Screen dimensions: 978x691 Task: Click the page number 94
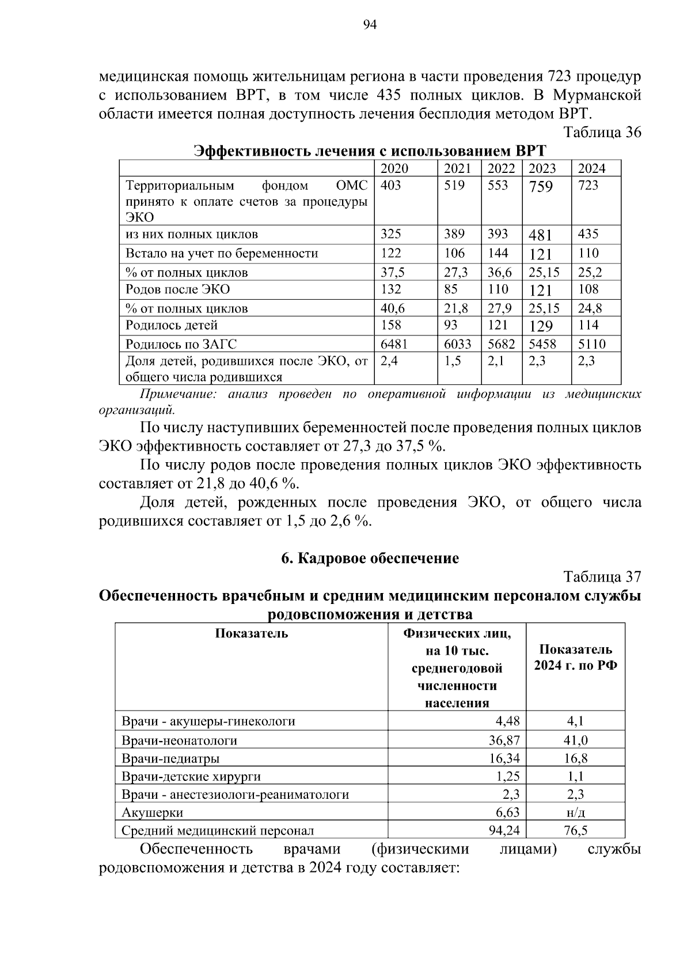click(x=370, y=24)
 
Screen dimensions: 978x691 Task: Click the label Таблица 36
click(x=602, y=133)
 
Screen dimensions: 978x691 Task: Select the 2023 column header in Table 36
click(x=542, y=168)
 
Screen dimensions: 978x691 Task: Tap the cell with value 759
click(x=541, y=187)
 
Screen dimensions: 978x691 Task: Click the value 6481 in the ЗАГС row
click(x=394, y=344)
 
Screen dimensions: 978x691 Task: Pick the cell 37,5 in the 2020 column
click(x=393, y=272)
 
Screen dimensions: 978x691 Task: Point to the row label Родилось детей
click(x=172, y=325)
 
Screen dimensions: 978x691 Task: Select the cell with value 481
click(x=540, y=235)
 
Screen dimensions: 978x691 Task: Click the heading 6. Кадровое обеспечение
click(x=370, y=558)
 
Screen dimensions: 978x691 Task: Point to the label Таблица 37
click(x=602, y=577)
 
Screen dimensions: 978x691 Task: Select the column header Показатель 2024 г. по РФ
click(x=575, y=658)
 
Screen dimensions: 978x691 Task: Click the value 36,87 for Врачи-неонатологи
click(x=504, y=740)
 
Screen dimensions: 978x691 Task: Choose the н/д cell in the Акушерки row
click(x=575, y=813)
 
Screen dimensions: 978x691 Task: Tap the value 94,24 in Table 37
click(x=504, y=831)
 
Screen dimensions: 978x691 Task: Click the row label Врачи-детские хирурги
click(x=191, y=776)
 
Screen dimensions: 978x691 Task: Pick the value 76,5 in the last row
click(x=575, y=831)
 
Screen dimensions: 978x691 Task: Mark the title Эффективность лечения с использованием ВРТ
click(x=370, y=151)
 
